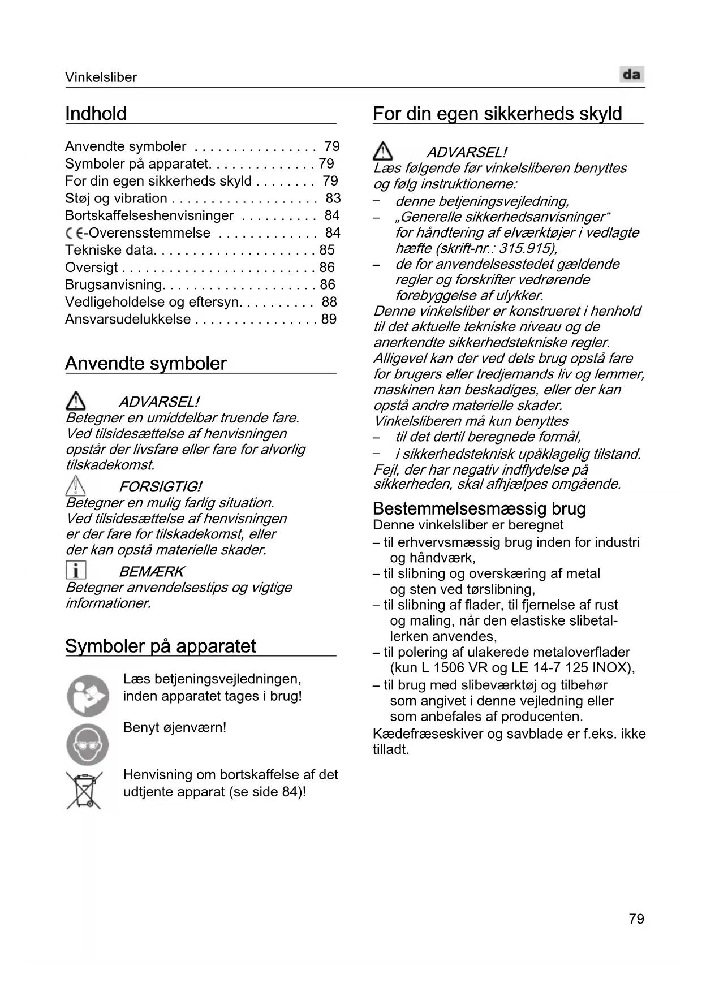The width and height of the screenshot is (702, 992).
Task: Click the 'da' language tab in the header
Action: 632,75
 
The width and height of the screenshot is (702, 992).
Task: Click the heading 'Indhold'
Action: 96,114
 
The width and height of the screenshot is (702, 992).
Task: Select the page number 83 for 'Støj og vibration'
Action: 333,198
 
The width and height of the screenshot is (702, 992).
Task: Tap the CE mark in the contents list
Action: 74,233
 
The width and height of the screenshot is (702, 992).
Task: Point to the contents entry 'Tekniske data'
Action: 109,250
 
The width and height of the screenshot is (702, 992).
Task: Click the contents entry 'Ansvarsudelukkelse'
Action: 128,319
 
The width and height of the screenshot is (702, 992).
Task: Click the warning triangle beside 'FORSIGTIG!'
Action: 76,486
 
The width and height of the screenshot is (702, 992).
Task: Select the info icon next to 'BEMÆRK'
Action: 76,570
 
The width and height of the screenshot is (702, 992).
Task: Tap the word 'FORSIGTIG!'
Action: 160,487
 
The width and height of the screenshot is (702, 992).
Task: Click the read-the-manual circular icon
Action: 88,695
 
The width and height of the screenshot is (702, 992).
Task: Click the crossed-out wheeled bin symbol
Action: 84,791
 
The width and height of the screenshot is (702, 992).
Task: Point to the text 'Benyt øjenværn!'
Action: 175,727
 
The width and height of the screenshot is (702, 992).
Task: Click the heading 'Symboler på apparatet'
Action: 160,646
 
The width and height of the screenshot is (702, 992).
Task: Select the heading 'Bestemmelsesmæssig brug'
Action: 479,508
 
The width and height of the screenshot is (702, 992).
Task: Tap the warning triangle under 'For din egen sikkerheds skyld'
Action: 383,152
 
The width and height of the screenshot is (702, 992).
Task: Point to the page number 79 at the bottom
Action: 636,918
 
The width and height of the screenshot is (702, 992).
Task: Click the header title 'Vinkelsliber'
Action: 101,77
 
